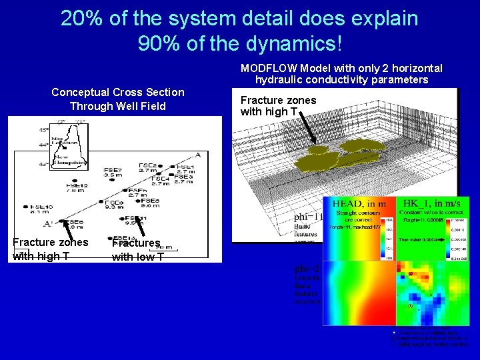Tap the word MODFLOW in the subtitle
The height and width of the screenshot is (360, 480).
(267, 68)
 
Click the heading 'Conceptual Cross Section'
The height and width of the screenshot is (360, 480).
(118, 92)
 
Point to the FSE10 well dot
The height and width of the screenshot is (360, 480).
(25, 207)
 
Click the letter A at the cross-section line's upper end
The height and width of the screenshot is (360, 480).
(197, 155)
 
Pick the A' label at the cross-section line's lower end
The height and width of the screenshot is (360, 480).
(49, 224)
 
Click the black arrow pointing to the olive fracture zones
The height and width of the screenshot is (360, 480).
(308, 129)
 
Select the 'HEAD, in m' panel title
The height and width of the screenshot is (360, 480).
(359, 203)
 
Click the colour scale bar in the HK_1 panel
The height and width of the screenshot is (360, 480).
(448, 236)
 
